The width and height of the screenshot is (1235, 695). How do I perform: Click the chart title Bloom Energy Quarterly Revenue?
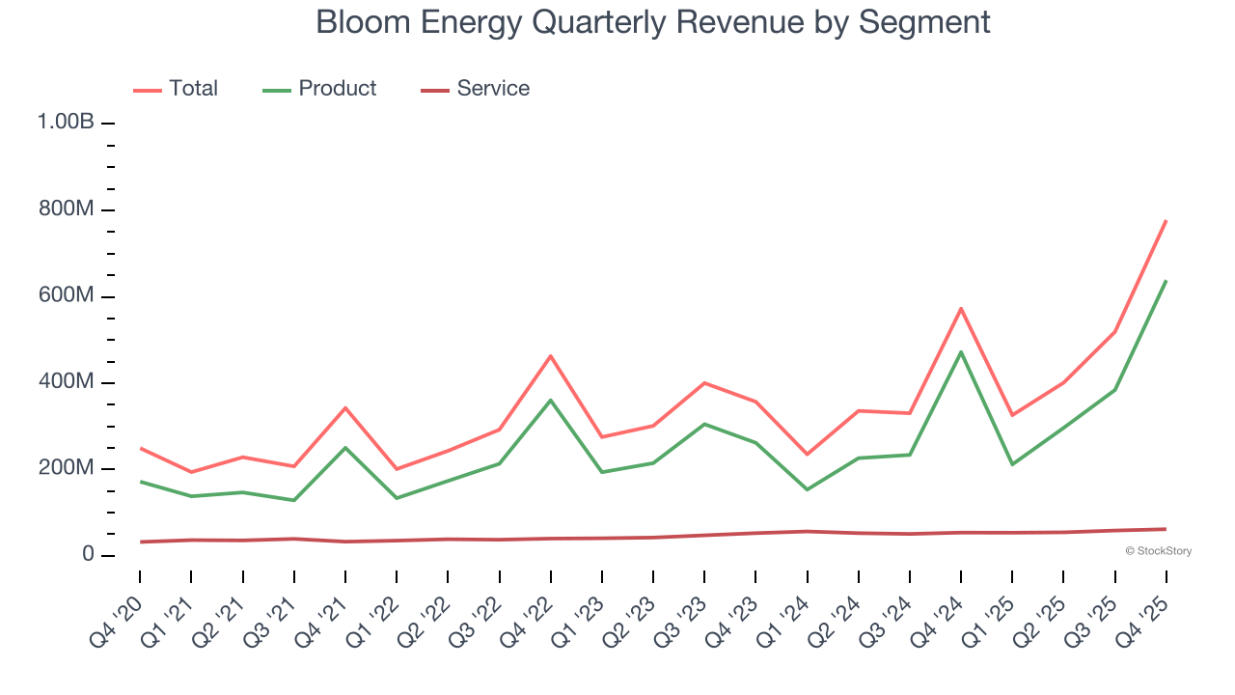[653, 21]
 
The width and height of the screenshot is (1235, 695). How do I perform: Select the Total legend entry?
[177, 89]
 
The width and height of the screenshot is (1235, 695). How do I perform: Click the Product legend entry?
[320, 89]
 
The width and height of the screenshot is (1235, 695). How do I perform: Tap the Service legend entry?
[476, 89]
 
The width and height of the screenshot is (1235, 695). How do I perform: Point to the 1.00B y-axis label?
[66, 123]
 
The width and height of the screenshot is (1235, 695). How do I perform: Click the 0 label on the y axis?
[88, 555]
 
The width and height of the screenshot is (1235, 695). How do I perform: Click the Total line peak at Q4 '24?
[961, 308]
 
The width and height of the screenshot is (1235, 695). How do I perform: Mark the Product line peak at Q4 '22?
[551, 400]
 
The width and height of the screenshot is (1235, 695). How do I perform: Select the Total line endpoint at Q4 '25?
[1166, 221]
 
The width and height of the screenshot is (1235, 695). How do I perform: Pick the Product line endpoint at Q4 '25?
[1166, 281]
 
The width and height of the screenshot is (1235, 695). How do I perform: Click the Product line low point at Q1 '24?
[807, 489]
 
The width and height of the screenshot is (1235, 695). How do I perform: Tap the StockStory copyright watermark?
[1158, 551]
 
